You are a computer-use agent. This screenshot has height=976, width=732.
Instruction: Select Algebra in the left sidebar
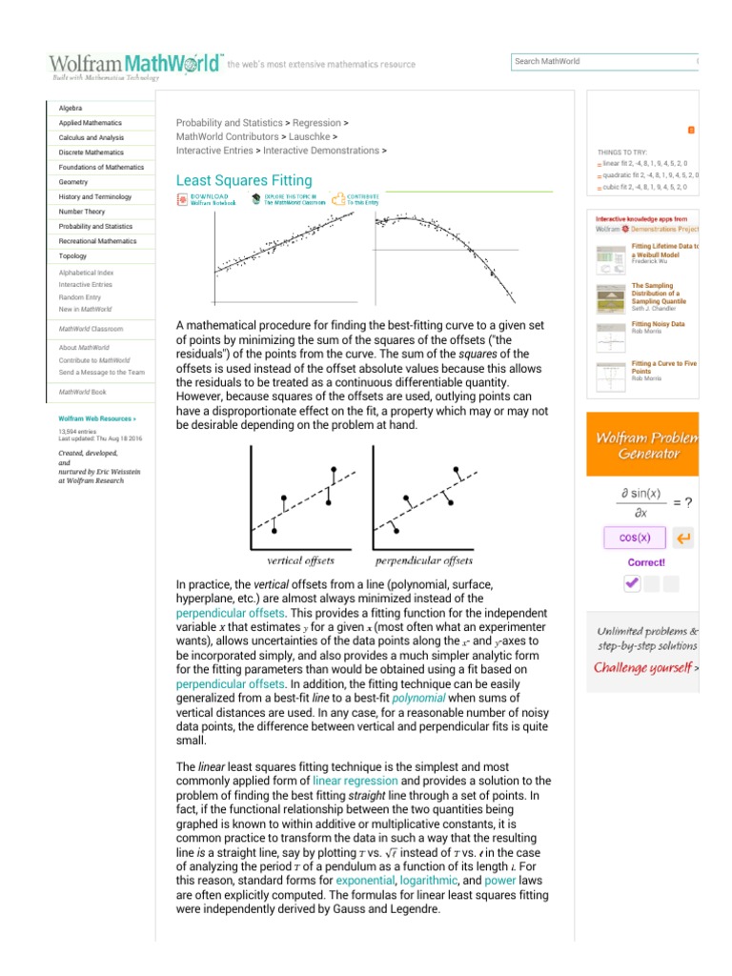[x=71, y=109]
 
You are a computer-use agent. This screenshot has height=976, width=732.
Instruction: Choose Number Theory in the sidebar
[x=82, y=212]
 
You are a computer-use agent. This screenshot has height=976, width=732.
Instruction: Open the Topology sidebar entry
[x=72, y=256]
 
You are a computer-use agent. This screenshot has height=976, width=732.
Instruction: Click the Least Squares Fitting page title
[x=244, y=180]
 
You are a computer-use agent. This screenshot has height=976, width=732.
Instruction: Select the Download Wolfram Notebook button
[x=208, y=198]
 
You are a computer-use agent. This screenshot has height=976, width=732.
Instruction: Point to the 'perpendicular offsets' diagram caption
[x=423, y=560]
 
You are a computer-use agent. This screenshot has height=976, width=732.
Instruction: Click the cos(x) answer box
[x=635, y=538]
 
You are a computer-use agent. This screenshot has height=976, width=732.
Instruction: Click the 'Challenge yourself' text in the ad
[x=642, y=667]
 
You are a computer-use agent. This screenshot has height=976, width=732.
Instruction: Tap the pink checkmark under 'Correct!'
[x=632, y=584]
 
